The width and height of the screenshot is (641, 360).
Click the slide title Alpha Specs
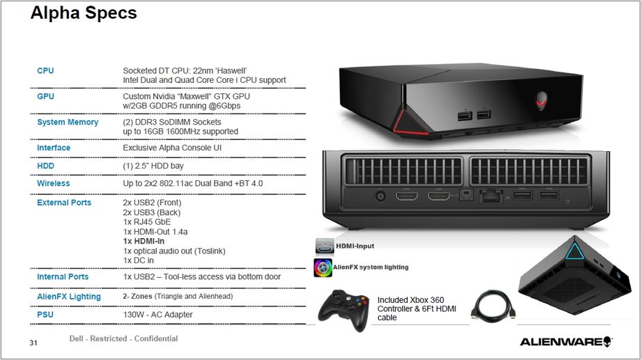[x=84, y=13]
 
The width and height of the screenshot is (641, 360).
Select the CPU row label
[x=45, y=71]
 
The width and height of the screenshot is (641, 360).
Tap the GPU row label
[x=45, y=97]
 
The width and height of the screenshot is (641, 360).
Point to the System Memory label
[x=68, y=123]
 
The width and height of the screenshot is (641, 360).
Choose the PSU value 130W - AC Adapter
[x=157, y=315]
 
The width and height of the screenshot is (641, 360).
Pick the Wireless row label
[x=54, y=184]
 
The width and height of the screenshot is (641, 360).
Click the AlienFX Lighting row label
[x=69, y=297]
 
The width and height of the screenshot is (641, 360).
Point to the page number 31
[x=33, y=343]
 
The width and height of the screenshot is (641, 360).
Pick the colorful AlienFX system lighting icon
[x=323, y=267]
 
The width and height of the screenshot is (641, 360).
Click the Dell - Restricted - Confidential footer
[x=123, y=339]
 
